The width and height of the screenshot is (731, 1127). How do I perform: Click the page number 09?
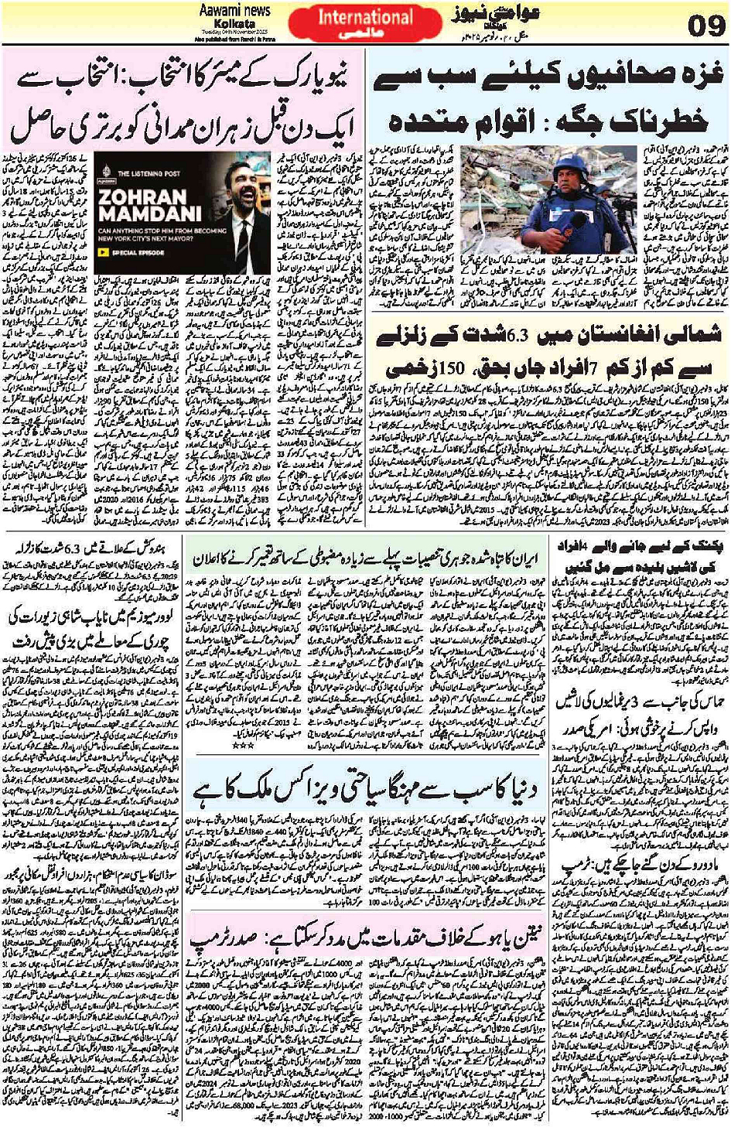pyautogui.click(x=705, y=28)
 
